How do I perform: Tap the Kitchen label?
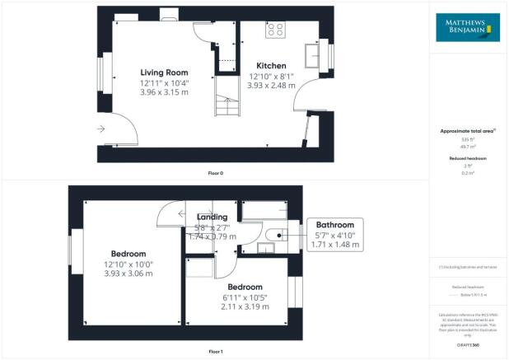point(271,66)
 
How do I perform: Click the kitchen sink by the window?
point(312,56)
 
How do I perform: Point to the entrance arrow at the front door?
point(100,129)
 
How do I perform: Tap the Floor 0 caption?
point(215,173)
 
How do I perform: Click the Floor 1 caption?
point(215,352)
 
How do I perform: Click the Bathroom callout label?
point(334,225)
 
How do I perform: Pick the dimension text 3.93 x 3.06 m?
point(128,274)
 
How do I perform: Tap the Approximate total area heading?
point(465,131)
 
